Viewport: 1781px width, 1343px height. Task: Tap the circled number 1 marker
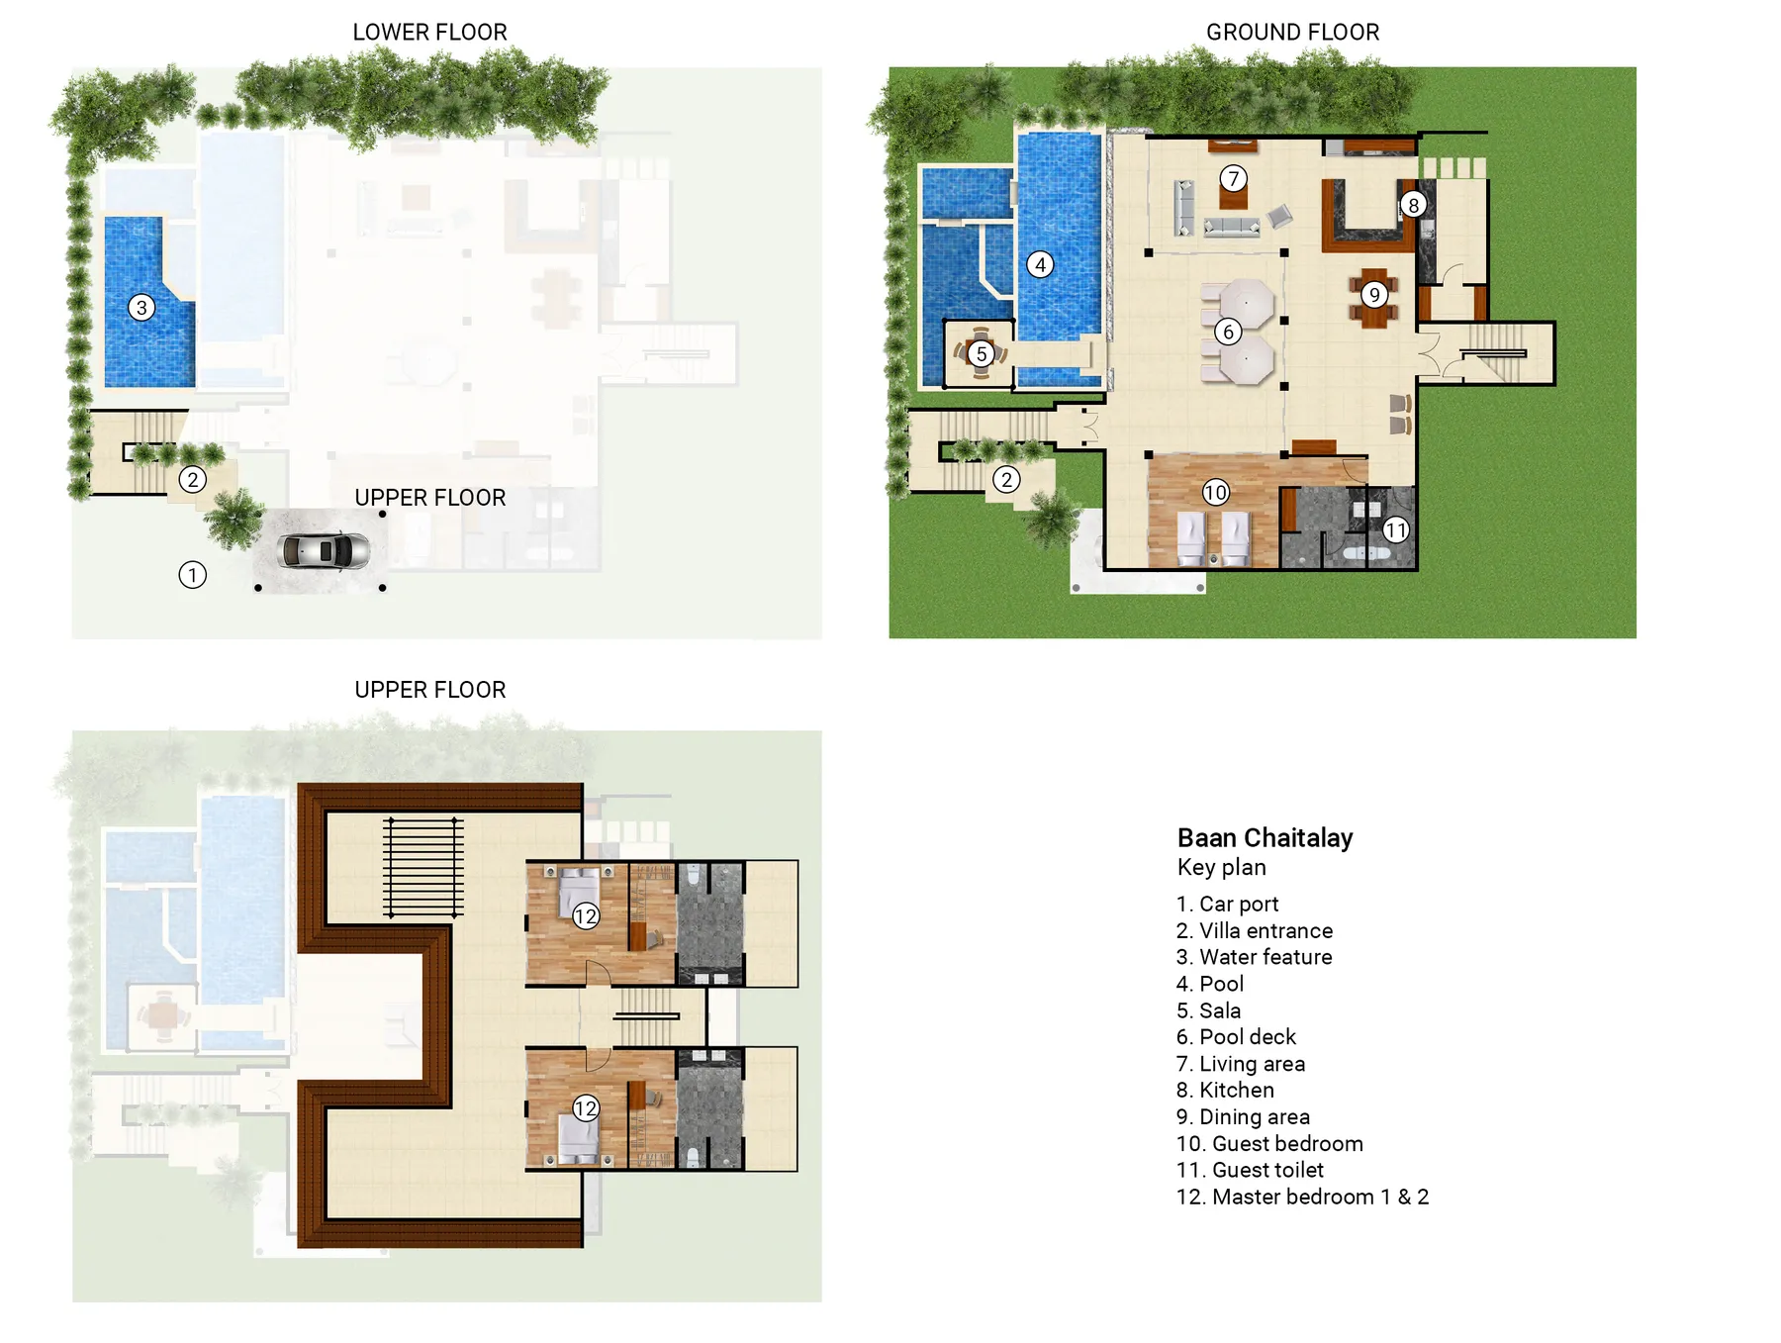point(192,575)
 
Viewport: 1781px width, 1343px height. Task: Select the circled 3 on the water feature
point(141,308)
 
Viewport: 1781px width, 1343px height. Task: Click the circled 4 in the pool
point(1040,264)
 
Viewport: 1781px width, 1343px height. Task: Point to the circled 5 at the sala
point(981,353)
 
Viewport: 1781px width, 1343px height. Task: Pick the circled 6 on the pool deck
point(1228,332)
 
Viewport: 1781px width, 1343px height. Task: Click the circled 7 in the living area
point(1233,179)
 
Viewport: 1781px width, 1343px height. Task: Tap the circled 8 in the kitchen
point(1413,205)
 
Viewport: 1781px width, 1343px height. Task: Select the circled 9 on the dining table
point(1374,294)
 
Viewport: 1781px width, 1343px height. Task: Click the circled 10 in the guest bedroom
point(1215,492)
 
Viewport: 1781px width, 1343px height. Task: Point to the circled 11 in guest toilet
point(1395,529)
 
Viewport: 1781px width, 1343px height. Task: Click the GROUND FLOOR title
point(1292,32)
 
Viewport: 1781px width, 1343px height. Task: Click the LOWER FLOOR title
point(429,32)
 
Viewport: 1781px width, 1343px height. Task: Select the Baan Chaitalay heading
point(1265,838)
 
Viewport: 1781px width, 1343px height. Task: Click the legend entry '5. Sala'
point(1208,1010)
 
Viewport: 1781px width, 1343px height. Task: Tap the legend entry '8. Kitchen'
point(1225,1090)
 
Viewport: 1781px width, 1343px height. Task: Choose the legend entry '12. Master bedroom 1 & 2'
point(1302,1197)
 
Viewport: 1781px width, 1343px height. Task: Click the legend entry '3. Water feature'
point(1254,957)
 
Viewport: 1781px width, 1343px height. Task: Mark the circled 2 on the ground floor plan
point(1006,480)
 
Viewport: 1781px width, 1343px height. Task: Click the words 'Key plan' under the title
point(1221,868)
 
